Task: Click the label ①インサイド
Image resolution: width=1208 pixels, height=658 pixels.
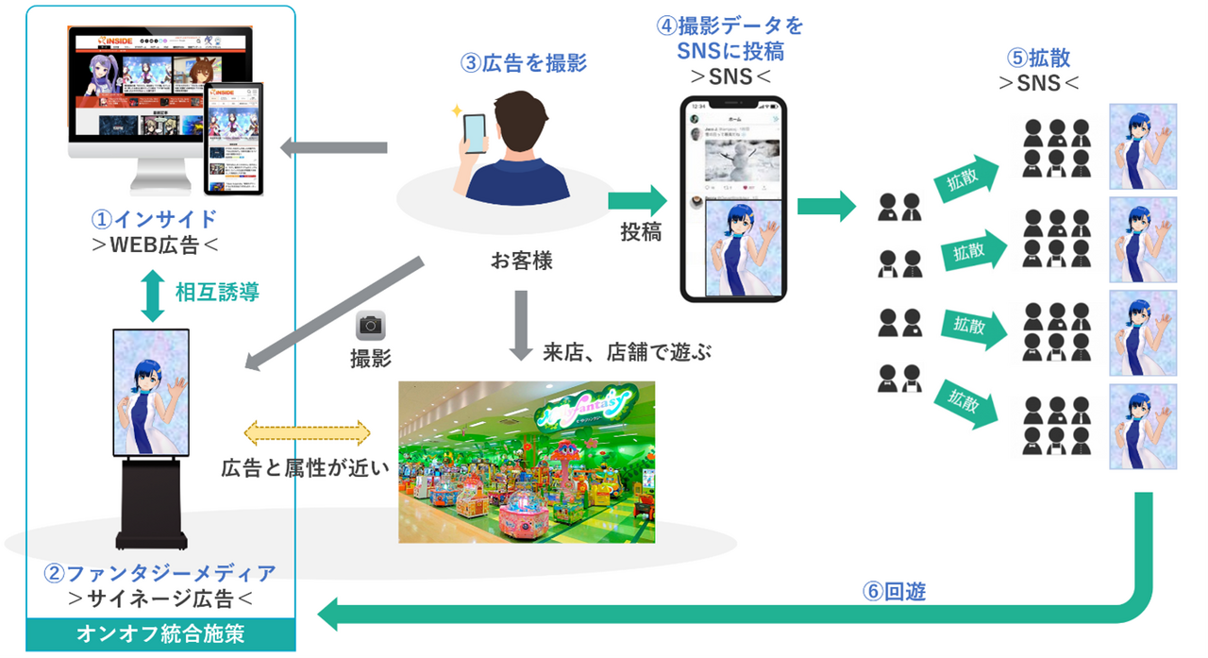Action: click(157, 219)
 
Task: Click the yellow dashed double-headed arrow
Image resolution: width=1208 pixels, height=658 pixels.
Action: click(308, 433)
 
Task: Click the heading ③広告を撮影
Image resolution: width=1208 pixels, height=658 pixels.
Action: click(524, 63)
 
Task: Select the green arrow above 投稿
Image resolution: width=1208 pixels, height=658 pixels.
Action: click(637, 200)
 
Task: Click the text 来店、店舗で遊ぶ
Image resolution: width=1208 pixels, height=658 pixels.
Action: click(626, 353)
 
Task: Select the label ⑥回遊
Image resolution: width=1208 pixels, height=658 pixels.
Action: click(894, 592)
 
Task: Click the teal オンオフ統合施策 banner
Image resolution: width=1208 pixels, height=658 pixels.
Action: click(160, 633)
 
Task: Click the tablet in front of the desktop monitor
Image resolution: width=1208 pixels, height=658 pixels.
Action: click(234, 139)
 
